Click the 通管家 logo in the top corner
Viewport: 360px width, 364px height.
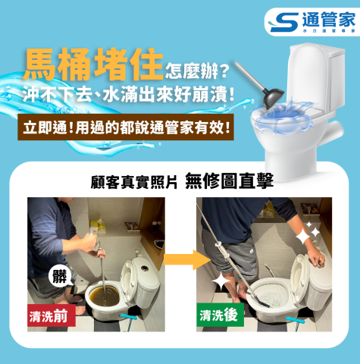[309, 20]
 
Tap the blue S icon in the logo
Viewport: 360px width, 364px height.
[282, 20]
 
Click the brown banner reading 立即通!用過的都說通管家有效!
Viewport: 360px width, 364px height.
[126, 126]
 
